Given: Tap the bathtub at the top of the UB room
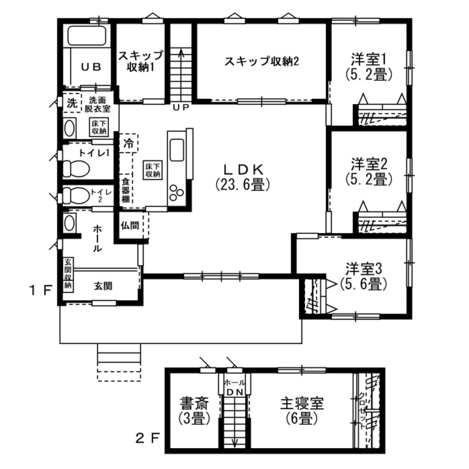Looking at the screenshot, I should click(87, 36).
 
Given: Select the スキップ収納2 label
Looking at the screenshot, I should click(261, 61).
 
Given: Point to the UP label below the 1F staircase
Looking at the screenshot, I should click(180, 108).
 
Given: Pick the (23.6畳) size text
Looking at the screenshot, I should click(242, 185).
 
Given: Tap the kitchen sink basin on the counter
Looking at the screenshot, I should click(178, 148).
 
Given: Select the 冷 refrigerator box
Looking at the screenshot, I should click(129, 144).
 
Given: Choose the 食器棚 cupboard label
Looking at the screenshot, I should click(126, 190).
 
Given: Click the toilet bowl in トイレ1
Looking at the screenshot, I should click(75, 169).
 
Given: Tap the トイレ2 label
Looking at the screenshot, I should click(99, 195).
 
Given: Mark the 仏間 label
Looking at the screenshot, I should click(130, 226).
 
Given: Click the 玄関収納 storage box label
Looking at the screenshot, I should click(68, 275).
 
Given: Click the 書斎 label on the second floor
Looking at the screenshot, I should click(194, 403).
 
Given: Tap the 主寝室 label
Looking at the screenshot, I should click(301, 403).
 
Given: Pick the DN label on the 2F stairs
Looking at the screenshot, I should click(234, 391).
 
